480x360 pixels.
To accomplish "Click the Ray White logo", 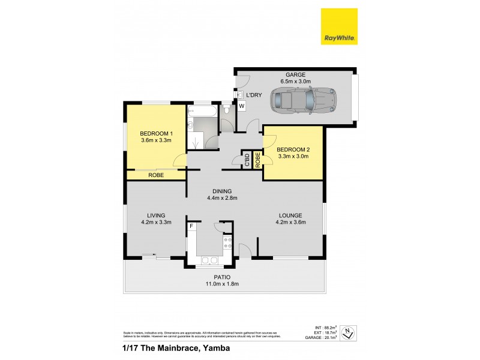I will tap(340, 26).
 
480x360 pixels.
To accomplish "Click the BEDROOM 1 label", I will tap(156, 133).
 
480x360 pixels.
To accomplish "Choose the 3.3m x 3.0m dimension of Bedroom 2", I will tap(293, 156).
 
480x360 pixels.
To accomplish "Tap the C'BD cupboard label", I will tap(247, 160).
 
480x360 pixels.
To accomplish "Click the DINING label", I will tap(219, 191).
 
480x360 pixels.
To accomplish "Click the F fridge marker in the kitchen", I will tap(191, 226).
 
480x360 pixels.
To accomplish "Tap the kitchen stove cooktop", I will tap(228, 242).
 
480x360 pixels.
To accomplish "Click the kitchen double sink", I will tap(210, 260).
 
